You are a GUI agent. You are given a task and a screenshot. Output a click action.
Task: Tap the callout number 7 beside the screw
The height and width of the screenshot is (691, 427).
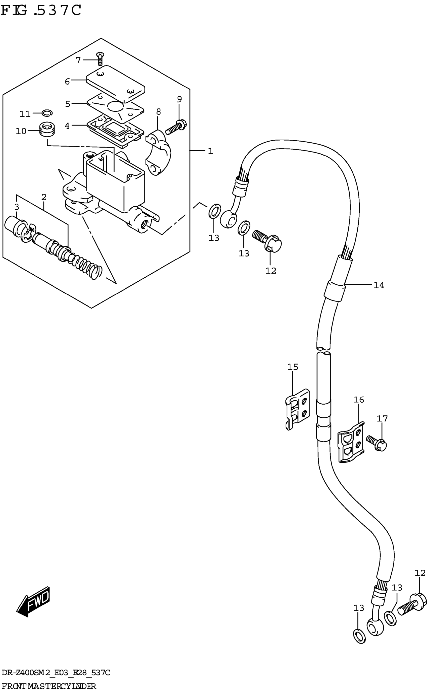78,60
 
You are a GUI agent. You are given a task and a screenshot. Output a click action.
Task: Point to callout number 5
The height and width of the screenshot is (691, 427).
68,104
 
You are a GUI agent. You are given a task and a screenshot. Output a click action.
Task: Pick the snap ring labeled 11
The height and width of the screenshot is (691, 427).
47,113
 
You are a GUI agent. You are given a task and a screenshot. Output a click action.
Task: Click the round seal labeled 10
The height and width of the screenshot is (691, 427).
47,129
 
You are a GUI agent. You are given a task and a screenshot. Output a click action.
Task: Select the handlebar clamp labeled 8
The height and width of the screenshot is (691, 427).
159,152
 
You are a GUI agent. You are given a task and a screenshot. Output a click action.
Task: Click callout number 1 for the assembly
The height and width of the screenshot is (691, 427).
210,151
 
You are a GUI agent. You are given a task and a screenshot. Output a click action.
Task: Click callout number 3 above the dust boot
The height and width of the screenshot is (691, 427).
17,207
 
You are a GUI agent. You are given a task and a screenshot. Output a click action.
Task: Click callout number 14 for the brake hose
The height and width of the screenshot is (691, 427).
379,285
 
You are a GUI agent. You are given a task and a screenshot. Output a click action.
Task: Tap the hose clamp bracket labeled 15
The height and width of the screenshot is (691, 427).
298,409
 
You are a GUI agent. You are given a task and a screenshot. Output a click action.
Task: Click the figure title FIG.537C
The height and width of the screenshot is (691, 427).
41,11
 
